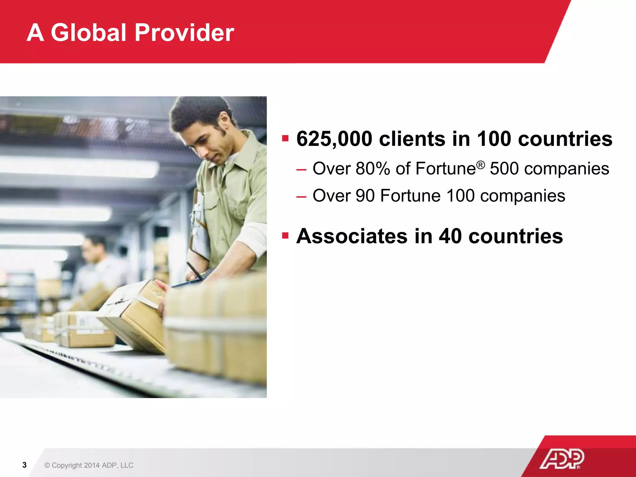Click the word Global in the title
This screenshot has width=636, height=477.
(89, 33)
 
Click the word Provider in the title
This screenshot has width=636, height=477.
(184, 33)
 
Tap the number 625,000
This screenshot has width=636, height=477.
(334, 139)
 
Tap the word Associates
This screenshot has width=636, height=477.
(352, 236)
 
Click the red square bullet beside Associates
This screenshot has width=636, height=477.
(285, 236)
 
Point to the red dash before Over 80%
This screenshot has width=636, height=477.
(301, 170)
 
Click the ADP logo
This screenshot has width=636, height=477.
(562, 459)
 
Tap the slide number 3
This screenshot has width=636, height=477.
(25, 465)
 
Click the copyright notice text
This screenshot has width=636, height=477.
(89, 465)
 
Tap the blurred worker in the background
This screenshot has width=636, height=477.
(96, 264)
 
